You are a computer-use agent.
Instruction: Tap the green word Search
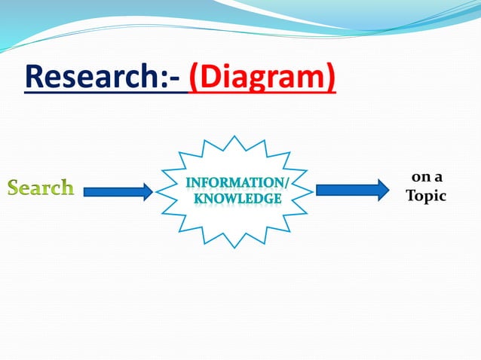pos(41,188)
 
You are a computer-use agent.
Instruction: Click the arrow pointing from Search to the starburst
pos(117,192)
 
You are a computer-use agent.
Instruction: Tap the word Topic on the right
pos(426,196)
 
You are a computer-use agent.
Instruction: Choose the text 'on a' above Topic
pos(427,178)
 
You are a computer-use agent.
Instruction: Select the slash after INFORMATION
pos(285,182)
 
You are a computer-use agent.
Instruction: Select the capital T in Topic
pos(411,196)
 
